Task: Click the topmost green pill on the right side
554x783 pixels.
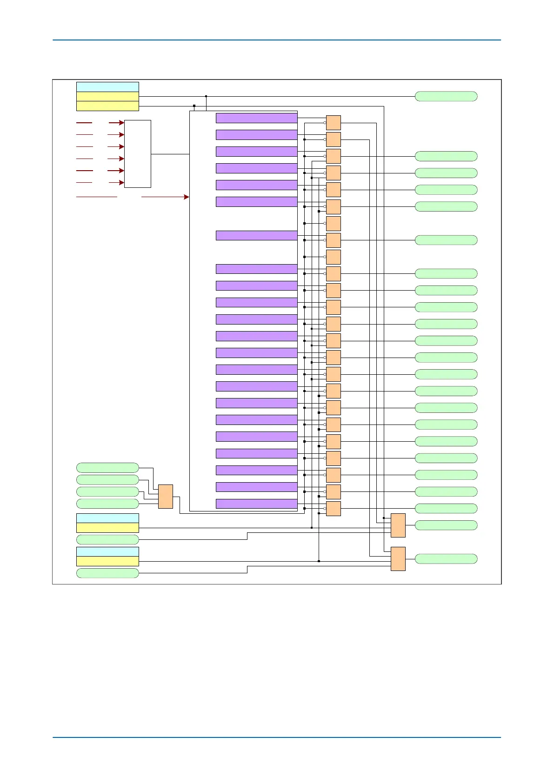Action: [446, 96]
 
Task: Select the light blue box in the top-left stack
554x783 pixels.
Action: [107, 87]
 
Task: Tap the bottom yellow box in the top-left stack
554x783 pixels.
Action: [107, 106]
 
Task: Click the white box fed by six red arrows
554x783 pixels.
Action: [138, 154]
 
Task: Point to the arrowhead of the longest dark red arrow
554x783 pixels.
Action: [187, 197]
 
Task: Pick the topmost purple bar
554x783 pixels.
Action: [256, 118]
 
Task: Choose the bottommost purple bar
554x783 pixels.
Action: [256, 504]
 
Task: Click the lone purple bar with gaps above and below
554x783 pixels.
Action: [256, 235]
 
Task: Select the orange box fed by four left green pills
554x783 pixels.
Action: [166, 497]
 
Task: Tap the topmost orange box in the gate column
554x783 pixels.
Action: [334, 123]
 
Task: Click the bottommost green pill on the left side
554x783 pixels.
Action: [107, 573]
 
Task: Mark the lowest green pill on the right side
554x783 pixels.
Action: [446, 559]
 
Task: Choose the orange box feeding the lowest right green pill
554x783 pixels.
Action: [398, 559]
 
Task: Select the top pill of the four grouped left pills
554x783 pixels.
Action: [107, 468]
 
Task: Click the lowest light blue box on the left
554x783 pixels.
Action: [107, 551]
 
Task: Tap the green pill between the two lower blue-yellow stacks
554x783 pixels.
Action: [107, 539]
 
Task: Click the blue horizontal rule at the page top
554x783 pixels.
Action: [277, 40]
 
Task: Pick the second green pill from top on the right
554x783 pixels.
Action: [446, 156]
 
